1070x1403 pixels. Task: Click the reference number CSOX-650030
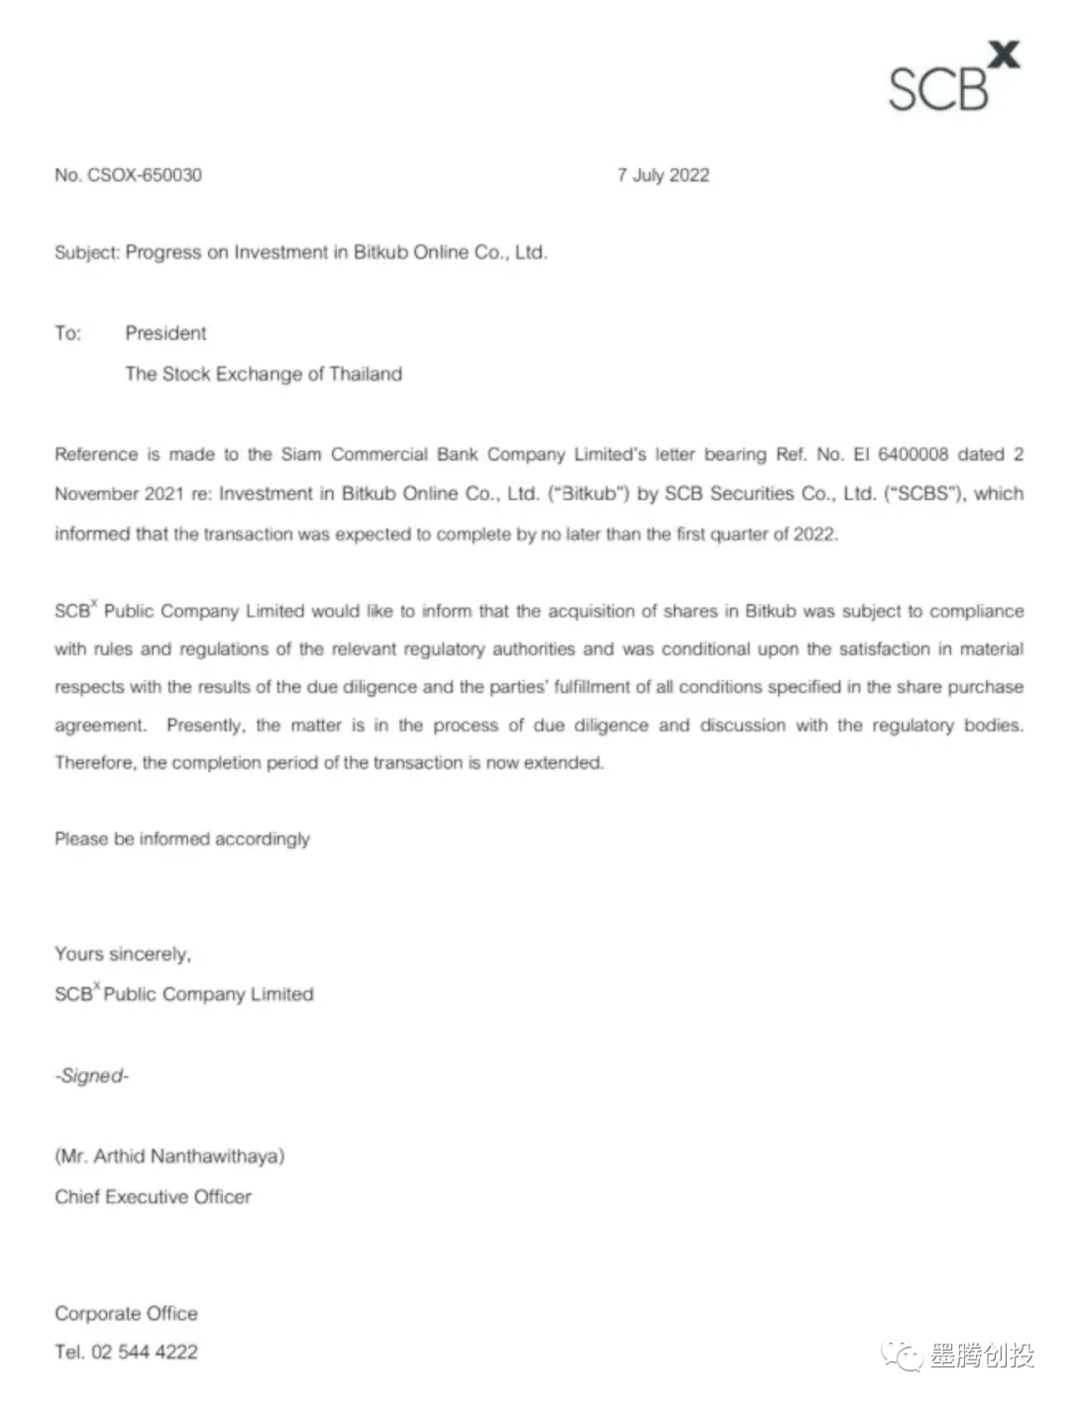(x=145, y=175)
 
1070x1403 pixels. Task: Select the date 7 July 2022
(x=663, y=175)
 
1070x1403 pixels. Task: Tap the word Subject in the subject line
(x=86, y=252)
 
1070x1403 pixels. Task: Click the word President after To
(x=165, y=334)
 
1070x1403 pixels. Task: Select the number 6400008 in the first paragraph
(x=912, y=454)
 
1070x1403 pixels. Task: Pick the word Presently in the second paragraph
(x=205, y=725)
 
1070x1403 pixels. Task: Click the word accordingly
(x=263, y=839)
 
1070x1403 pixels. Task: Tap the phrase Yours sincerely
(x=123, y=954)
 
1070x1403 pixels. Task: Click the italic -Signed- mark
(x=92, y=1076)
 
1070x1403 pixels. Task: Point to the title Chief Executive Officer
(x=153, y=1197)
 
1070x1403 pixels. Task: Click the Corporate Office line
(x=126, y=1314)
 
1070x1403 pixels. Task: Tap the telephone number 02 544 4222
(x=145, y=1353)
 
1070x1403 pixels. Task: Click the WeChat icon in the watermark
(x=904, y=1355)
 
